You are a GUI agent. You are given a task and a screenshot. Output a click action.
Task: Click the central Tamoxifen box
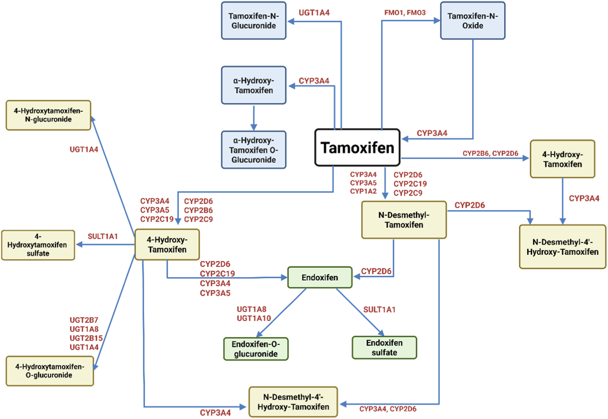(x=357, y=148)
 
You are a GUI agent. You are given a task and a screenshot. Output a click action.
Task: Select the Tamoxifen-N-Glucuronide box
(x=254, y=21)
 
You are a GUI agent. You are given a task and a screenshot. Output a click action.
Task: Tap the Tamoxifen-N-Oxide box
(x=472, y=21)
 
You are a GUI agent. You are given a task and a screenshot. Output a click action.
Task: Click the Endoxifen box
(x=320, y=277)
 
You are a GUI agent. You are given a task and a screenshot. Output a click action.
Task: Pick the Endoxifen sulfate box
(x=384, y=348)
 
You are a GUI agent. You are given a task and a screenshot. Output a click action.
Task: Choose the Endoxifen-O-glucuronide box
(x=256, y=349)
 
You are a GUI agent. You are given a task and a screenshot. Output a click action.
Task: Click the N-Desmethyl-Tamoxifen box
(x=404, y=220)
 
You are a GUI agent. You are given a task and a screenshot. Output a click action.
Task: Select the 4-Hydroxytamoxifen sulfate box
(x=38, y=245)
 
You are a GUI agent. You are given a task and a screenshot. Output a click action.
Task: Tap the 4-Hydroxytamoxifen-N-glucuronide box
(x=48, y=115)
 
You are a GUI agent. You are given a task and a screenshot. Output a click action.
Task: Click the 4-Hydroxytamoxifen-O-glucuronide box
(x=50, y=371)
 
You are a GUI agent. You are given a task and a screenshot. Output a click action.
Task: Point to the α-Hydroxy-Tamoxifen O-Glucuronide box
(x=254, y=150)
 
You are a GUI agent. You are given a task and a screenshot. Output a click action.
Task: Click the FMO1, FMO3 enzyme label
(x=405, y=13)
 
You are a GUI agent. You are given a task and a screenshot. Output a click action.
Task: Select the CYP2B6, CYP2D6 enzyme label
(x=490, y=153)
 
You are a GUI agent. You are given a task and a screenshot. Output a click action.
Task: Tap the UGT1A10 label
(x=254, y=318)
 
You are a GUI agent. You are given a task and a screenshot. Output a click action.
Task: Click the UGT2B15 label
(x=86, y=338)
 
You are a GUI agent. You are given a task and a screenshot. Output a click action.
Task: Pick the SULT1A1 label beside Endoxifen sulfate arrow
(x=379, y=310)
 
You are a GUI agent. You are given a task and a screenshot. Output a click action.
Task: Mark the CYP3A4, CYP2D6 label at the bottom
(x=388, y=409)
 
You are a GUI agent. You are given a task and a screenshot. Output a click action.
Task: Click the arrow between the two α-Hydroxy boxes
(x=254, y=117)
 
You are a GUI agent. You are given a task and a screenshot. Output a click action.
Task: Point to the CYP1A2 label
(x=363, y=191)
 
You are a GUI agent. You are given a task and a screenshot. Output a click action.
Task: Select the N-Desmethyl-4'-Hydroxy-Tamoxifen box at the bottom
(x=293, y=402)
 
